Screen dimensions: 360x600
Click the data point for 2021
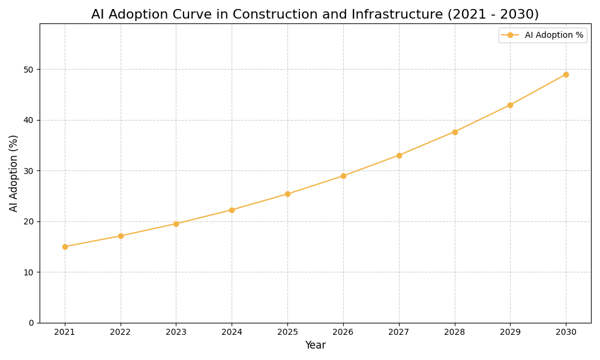pyautogui.click(x=65, y=247)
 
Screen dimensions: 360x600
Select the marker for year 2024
pyautogui.click(x=232, y=210)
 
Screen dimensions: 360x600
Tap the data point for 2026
pyautogui.click(x=343, y=176)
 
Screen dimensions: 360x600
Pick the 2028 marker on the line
pyautogui.click(x=455, y=132)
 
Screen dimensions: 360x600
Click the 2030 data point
pyautogui.click(x=566, y=74)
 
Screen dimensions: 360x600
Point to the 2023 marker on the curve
pyautogui.click(x=176, y=224)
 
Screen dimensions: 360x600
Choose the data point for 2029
pyautogui.click(x=510, y=105)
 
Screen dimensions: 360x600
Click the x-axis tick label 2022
pyautogui.click(x=121, y=332)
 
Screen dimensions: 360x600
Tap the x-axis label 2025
pyautogui.click(x=287, y=332)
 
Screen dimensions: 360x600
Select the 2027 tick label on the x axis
pyautogui.click(x=399, y=332)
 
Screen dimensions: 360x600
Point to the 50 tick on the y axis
pyautogui.click(x=28, y=70)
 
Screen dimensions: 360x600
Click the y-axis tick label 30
pyautogui.click(x=28, y=171)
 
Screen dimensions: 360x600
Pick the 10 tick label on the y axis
pyautogui.click(x=28, y=272)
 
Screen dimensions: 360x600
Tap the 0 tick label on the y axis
pyautogui.click(x=31, y=323)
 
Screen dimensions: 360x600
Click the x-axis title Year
pyautogui.click(x=315, y=346)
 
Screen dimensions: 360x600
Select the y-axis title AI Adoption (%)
pyautogui.click(x=14, y=173)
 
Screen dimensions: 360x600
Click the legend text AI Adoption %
pyautogui.click(x=554, y=35)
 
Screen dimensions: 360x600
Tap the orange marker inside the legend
pyautogui.click(x=510, y=35)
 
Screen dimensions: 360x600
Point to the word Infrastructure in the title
pyautogui.click(x=388, y=14)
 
